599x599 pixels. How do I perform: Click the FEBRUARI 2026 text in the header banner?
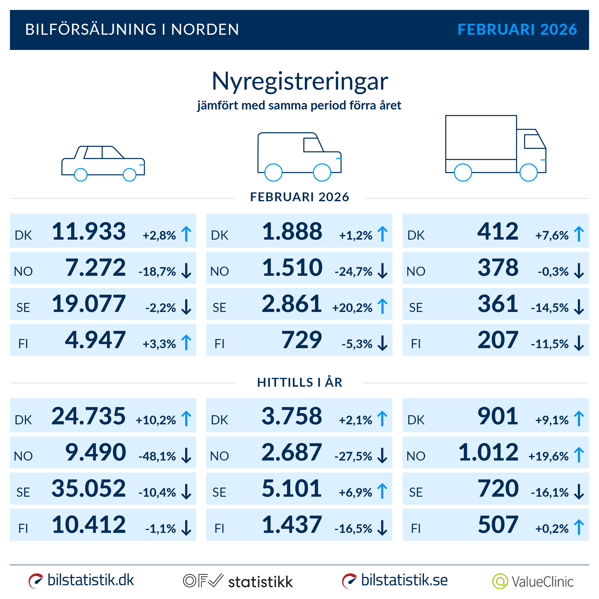(517, 29)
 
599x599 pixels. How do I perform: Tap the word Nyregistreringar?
(299, 81)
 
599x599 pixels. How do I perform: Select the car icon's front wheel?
(130, 175)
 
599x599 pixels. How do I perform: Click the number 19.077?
(89, 304)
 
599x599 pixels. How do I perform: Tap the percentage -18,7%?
(157, 272)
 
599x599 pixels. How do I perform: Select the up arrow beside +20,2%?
(383, 306)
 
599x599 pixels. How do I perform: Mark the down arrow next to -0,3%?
(579, 271)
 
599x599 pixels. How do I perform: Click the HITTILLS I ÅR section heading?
(299, 382)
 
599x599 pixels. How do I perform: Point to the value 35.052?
(89, 489)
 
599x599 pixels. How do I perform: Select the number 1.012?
(488, 452)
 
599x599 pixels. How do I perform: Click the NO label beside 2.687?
(219, 456)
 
